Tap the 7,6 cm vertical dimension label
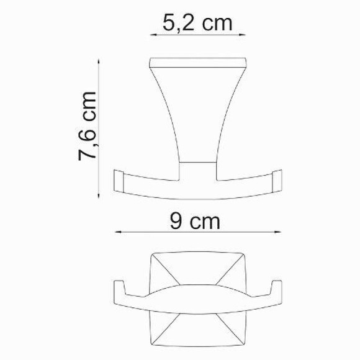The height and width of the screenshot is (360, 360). (x=88, y=127)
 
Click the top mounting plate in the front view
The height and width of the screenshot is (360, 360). (x=198, y=64)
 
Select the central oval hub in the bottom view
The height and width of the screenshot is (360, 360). (x=198, y=299)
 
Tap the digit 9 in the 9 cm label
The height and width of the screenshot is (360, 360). (x=176, y=221)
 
